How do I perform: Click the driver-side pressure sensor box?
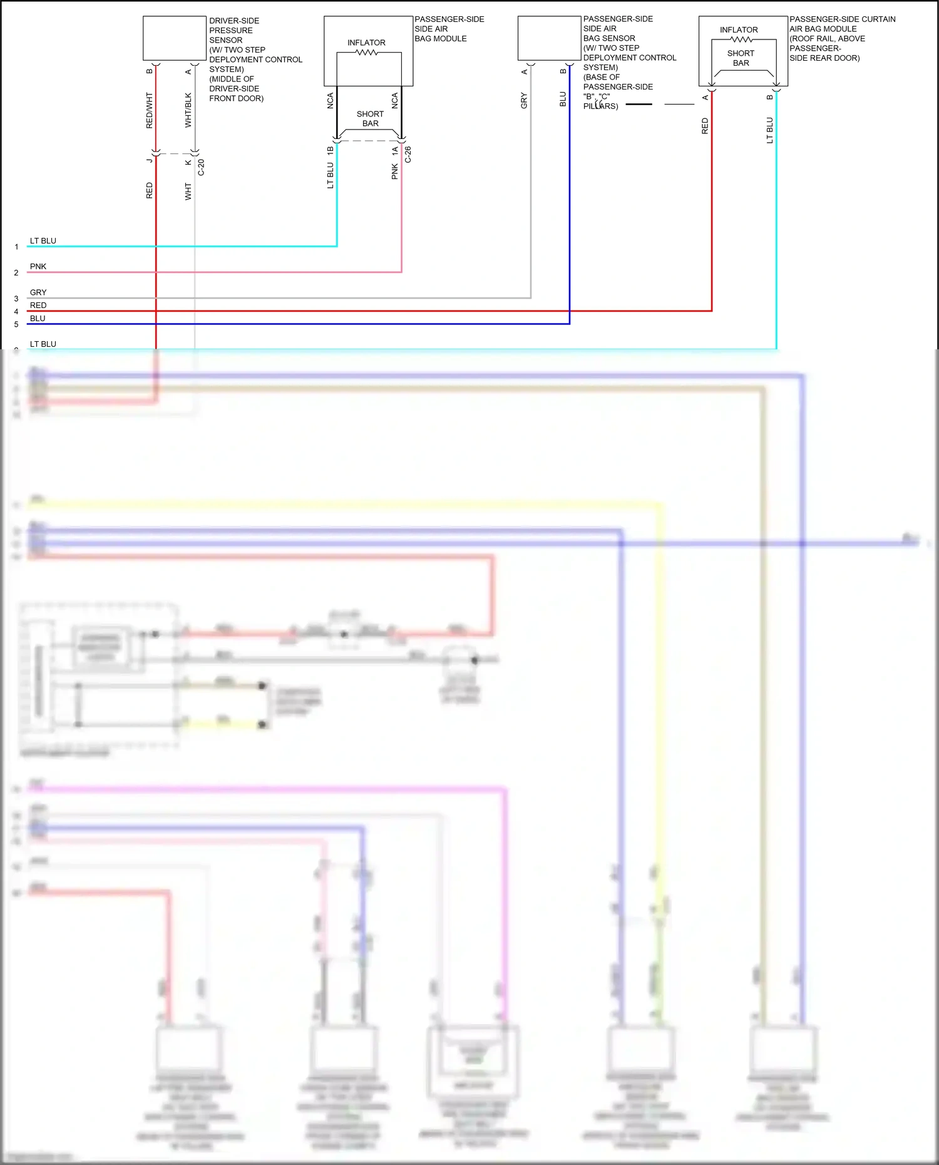click(x=174, y=38)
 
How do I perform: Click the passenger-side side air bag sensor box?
click(x=549, y=38)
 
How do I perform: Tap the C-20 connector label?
click(x=201, y=167)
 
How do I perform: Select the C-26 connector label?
click(x=408, y=155)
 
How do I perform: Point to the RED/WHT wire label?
click(x=149, y=111)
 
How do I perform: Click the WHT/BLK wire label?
click(x=188, y=111)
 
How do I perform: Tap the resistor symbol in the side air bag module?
click(x=367, y=53)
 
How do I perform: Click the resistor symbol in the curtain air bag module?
click(x=741, y=39)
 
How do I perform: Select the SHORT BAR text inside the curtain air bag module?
click(x=741, y=58)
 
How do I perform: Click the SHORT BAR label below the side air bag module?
click(x=370, y=119)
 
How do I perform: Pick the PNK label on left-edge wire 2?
click(x=38, y=267)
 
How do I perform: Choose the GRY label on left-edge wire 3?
click(x=38, y=292)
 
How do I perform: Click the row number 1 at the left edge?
click(x=16, y=247)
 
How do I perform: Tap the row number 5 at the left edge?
click(x=16, y=325)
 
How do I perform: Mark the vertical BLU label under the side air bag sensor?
click(x=563, y=99)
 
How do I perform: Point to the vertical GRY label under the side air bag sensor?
click(x=524, y=100)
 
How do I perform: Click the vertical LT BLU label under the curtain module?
click(x=770, y=130)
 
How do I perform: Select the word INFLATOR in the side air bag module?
click(x=366, y=43)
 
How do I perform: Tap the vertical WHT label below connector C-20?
click(x=188, y=192)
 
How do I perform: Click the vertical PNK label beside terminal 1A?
click(x=394, y=172)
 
